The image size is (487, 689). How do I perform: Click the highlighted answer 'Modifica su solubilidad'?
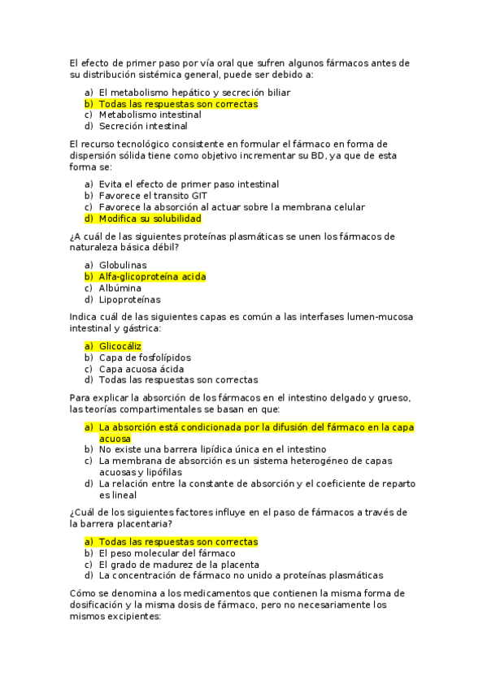pos(150,219)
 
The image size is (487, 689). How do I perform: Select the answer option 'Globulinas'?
pos(123,265)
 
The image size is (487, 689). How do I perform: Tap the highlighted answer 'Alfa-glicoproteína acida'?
pos(152,276)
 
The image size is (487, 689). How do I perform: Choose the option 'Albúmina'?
pos(120,288)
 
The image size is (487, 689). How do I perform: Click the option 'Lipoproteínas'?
pos(130,299)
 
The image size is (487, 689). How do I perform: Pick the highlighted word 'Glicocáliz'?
pos(120,345)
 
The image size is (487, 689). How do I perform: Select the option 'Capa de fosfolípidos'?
pos(146,357)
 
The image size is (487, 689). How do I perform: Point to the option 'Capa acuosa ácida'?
pos(141,369)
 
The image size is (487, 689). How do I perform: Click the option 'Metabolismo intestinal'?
pos(150,115)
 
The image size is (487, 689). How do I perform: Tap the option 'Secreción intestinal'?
pos(143,126)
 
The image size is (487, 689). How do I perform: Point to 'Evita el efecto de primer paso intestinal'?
pos(189,184)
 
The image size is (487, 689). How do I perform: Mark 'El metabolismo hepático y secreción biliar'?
pos(194,93)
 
